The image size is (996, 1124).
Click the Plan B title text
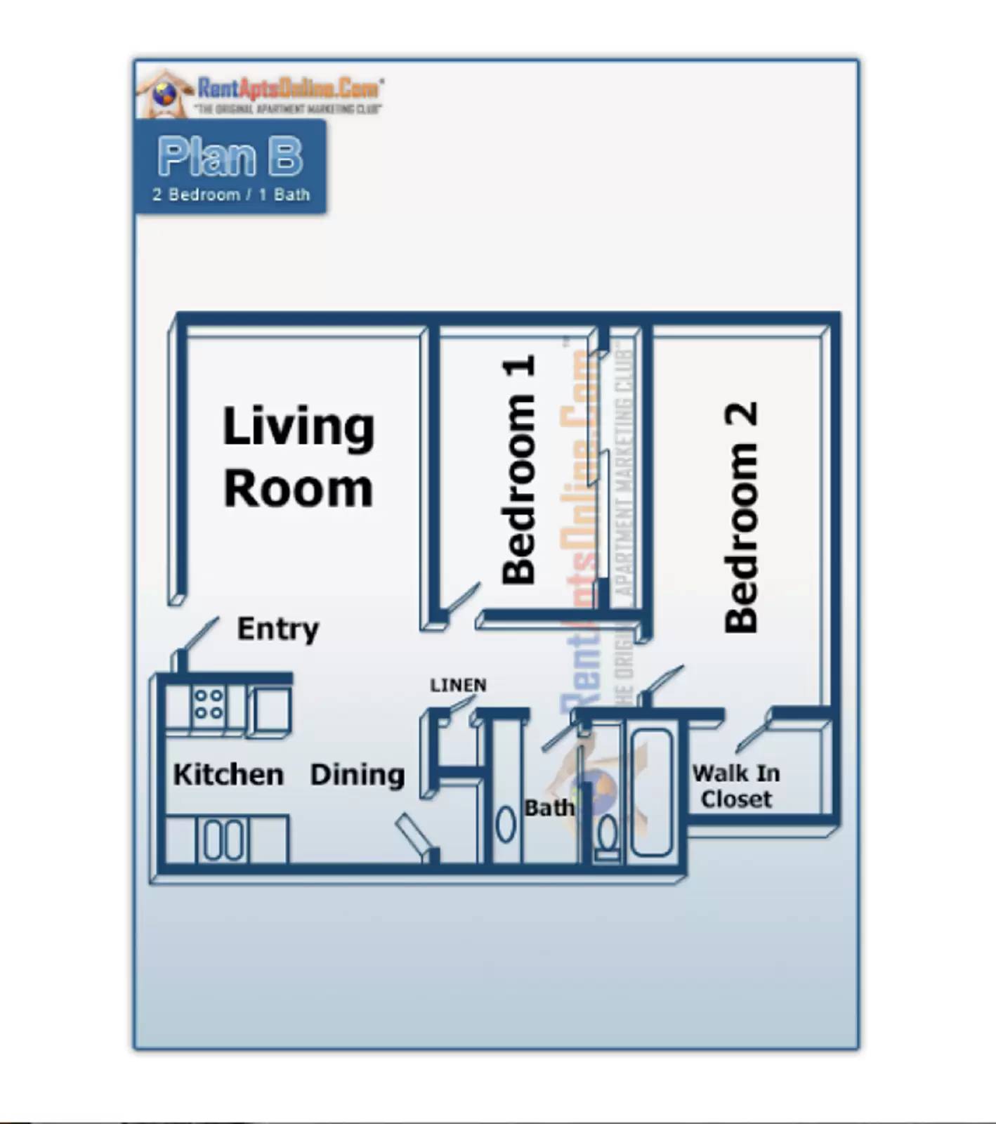[x=230, y=156]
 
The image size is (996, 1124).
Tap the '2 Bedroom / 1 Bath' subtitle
[x=230, y=195]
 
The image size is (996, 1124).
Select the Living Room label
[x=299, y=457]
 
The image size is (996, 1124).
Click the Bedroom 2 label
[x=741, y=518]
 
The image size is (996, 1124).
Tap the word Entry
[x=278, y=629]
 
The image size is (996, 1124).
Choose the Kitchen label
[x=228, y=774]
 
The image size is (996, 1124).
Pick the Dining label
[x=358, y=774]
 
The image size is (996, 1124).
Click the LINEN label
[x=458, y=685]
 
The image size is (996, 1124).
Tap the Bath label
[x=549, y=808]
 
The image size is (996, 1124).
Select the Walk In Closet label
[x=736, y=786]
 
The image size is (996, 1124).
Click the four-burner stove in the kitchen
[x=209, y=704]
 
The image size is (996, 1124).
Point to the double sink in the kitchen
[x=224, y=839]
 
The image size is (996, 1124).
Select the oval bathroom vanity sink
[x=505, y=825]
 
